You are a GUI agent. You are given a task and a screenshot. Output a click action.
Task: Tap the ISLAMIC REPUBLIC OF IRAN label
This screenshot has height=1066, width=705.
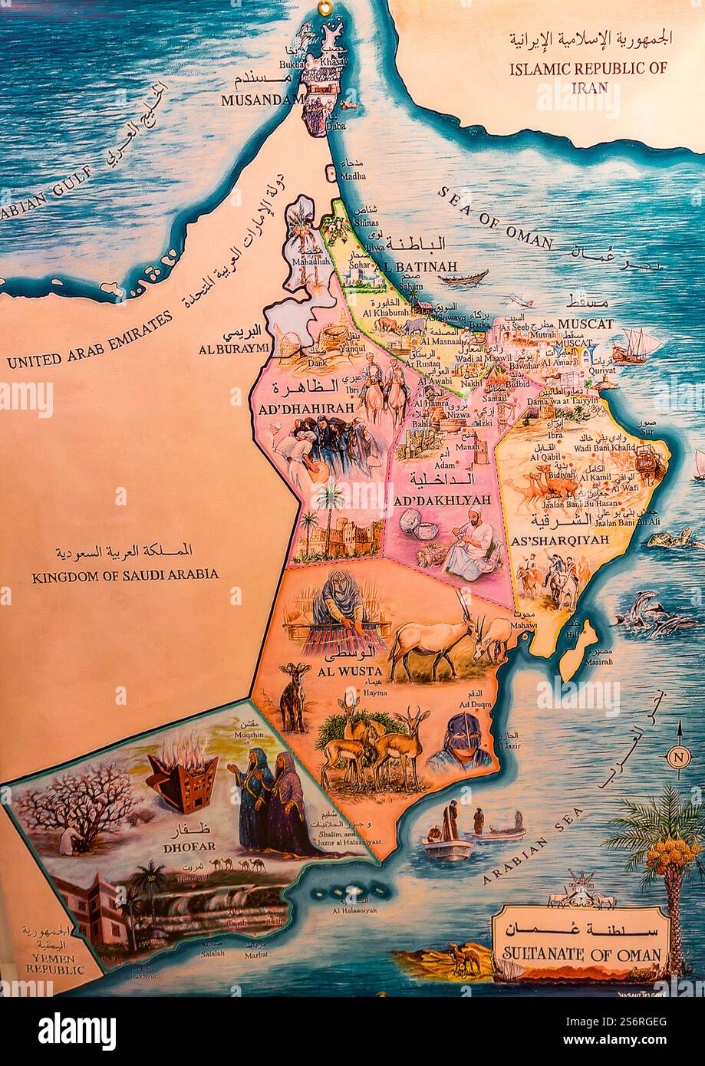point(588,77)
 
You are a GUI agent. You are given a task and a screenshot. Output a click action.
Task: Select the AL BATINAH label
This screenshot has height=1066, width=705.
point(417,266)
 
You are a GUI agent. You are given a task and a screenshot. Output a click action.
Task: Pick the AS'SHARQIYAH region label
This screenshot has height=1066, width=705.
point(558,540)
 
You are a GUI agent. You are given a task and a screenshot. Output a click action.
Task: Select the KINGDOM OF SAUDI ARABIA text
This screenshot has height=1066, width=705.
point(125,574)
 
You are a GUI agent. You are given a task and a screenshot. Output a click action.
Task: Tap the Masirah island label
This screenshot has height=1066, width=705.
point(600,660)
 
